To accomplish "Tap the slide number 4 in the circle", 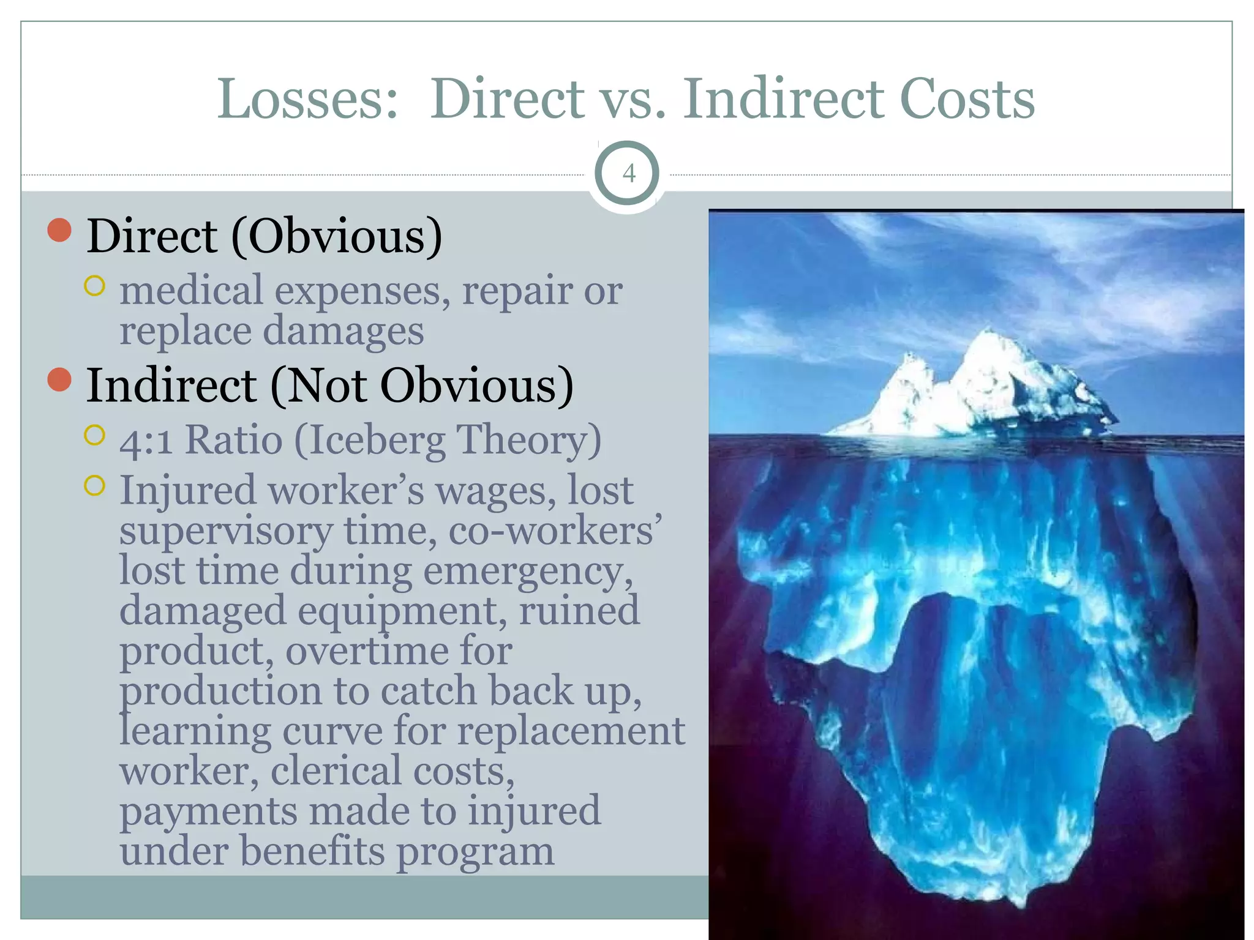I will pos(628,174).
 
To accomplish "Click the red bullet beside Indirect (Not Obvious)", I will pos(59,379).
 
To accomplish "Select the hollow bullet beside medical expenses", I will pos(95,286).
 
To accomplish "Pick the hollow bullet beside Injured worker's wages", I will pos(95,486).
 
